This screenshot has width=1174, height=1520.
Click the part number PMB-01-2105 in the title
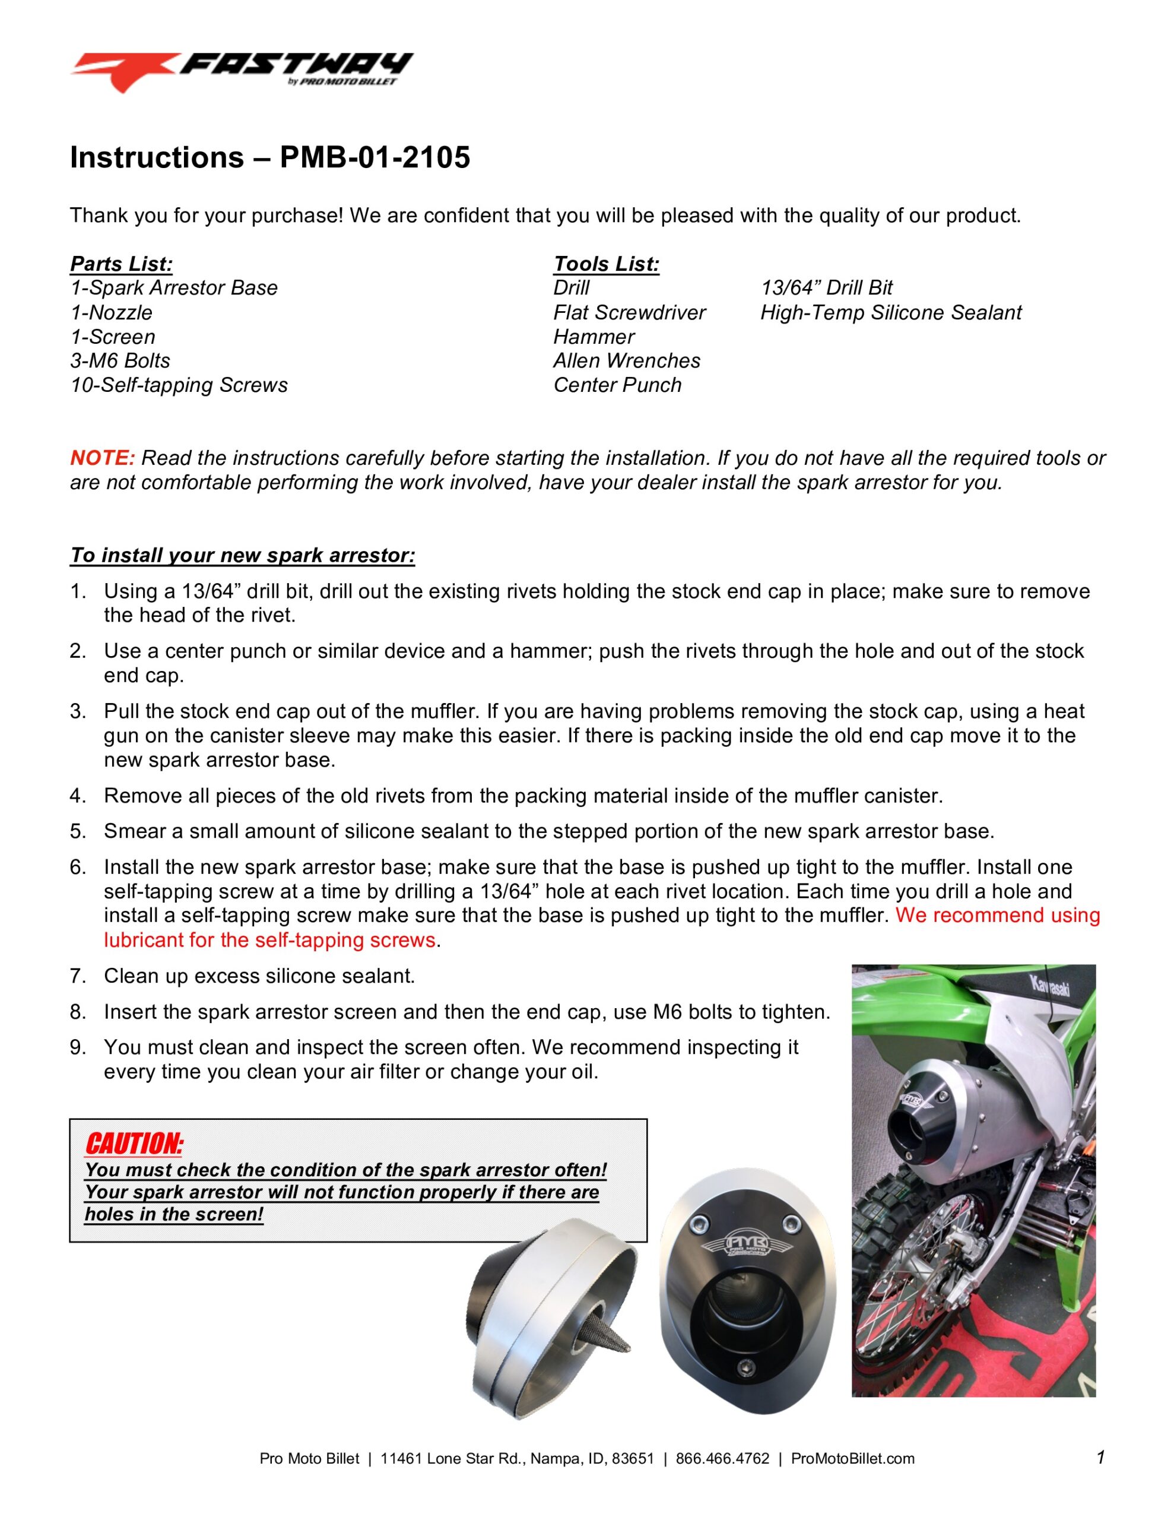click(375, 157)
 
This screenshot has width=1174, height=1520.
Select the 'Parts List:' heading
click(121, 264)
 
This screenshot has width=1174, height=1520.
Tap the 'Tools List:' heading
click(606, 264)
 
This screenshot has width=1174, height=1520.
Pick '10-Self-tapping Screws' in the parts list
click(179, 385)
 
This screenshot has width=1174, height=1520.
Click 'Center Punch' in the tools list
click(617, 385)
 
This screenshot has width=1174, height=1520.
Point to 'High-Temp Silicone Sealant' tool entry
click(891, 312)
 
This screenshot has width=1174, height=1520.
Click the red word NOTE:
click(102, 458)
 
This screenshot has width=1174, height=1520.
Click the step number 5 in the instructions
click(77, 831)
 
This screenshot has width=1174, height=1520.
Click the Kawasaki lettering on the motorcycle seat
click(1049, 986)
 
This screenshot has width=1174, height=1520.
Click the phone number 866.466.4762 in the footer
click(722, 1458)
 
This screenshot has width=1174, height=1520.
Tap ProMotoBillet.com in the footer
click(852, 1458)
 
